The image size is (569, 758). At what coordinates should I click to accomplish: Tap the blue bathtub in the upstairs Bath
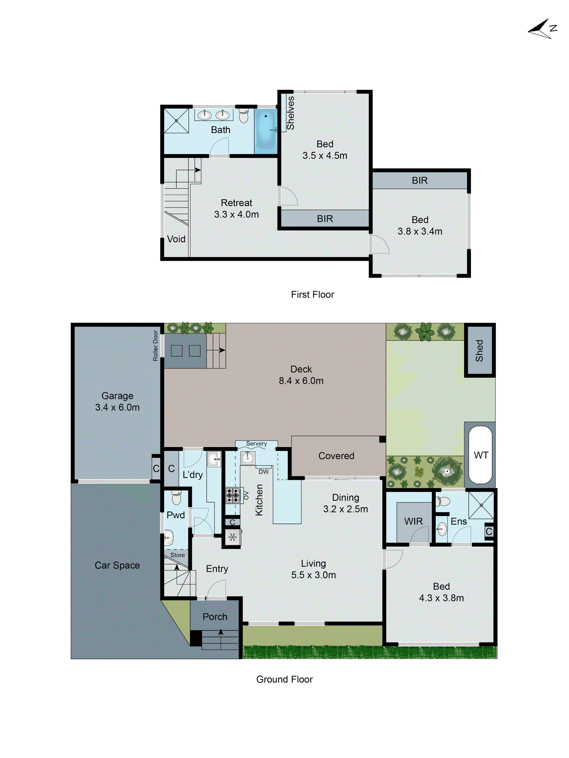[x=266, y=129]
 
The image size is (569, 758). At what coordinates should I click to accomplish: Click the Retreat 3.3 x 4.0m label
[x=236, y=208]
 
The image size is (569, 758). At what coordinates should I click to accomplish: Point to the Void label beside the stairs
[x=176, y=239]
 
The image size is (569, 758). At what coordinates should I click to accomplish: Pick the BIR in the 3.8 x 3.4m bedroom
[x=420, y=180]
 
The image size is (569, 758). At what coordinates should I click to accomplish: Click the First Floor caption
[x=312, y=294]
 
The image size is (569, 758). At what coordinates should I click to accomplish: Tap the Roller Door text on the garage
[x=155, y=345]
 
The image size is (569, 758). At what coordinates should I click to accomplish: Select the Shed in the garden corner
[x=479, y=350]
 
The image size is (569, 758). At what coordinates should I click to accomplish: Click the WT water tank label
[x=480, y=455]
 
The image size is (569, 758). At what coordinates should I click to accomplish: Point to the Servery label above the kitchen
[x=256, y=444]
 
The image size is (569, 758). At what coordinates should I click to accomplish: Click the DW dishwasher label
[x=263, y=472]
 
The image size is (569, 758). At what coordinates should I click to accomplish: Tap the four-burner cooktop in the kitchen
[x=233, y=495]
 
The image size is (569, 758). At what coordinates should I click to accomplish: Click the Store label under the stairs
[x=177, y=555]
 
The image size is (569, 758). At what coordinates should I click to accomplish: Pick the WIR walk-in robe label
[x=413, y=521]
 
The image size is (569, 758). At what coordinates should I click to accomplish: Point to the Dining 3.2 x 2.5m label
[x=345, y=503]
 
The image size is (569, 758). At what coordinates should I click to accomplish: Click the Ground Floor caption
[x=284, y=679]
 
